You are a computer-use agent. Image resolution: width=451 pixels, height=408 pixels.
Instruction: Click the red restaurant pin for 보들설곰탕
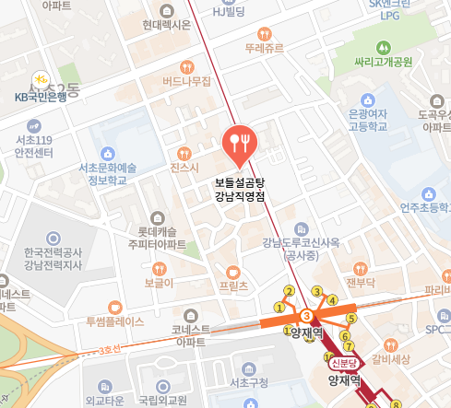[x=240, y=142]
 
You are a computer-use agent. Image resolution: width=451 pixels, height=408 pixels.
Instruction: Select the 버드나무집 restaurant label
[x=186, y=81]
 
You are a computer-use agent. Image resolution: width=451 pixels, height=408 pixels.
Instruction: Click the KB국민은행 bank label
[x=42, y=96]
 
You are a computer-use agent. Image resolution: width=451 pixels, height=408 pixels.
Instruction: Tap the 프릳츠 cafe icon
[x=232, y=272]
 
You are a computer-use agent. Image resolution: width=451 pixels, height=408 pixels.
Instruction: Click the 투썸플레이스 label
[x=114, y=322]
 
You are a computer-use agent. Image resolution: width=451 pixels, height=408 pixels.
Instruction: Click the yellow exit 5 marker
[x=350, y=320]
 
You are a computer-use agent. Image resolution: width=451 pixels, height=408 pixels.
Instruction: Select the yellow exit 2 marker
[x=289, y=292]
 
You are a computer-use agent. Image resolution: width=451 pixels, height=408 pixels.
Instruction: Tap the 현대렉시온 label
[x=167, y=26]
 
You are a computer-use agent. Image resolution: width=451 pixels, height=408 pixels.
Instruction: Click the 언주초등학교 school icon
[x=427, y=194]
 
